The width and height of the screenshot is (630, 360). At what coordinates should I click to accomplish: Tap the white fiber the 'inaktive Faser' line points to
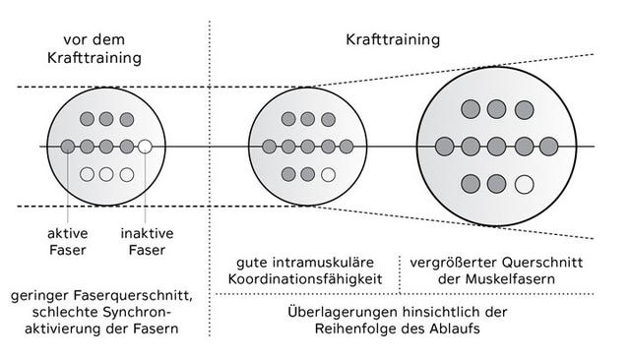coord(145,148)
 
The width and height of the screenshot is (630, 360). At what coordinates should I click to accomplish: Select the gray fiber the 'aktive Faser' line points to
coord(67,148)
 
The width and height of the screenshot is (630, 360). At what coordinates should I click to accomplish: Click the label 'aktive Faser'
coord(67,242)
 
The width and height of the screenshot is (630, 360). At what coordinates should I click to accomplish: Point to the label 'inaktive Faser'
coord(147,242)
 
